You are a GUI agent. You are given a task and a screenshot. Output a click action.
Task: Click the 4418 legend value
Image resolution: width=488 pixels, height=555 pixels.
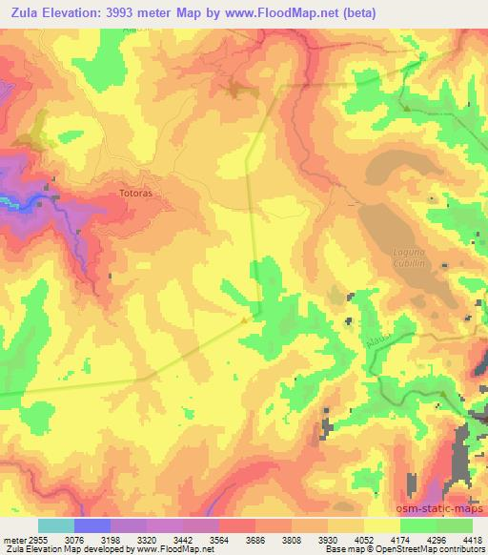click(x=472, y=539)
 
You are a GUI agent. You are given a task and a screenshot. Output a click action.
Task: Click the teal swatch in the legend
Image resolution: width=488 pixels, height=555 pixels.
click(x=56, y=525)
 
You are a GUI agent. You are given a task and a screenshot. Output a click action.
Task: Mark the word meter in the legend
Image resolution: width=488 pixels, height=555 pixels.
click(x=12, y=539)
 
